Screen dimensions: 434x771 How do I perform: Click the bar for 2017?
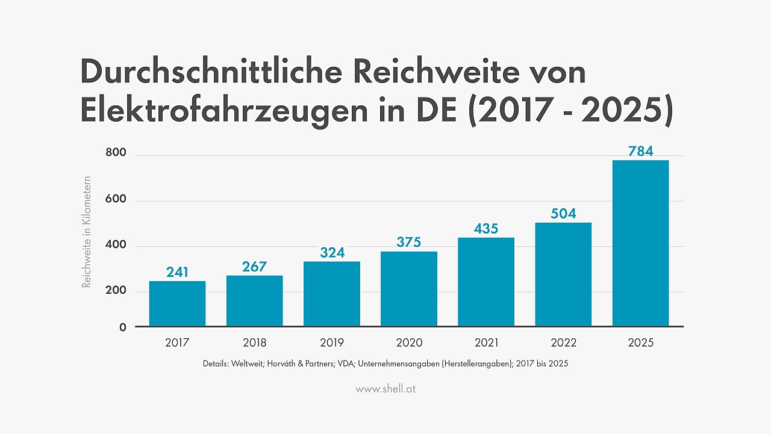pos(177,303)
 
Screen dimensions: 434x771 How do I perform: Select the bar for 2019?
pos(331,294)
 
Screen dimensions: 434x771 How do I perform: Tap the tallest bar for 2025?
pos(640,243)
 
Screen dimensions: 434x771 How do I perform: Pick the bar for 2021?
pos(485,282)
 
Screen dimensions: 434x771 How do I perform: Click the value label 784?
pos(640,151)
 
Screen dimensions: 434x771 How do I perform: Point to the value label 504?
pos(563,214)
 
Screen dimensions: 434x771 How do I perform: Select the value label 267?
pos(254,267)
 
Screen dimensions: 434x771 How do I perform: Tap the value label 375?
pos(408,242)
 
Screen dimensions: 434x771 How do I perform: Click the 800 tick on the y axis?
pos(115,153)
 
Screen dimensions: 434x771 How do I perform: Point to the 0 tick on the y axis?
pos(122,327)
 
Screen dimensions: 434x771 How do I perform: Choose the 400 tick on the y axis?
pos(115,245)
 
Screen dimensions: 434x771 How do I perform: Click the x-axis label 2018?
pos(254,343)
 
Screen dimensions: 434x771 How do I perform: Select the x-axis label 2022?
pos(563,343)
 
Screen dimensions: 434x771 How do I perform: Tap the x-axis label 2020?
pos(408,343)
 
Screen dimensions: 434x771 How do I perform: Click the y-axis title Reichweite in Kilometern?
pos(87,232)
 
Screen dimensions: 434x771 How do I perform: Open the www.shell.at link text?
pos(385,389)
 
